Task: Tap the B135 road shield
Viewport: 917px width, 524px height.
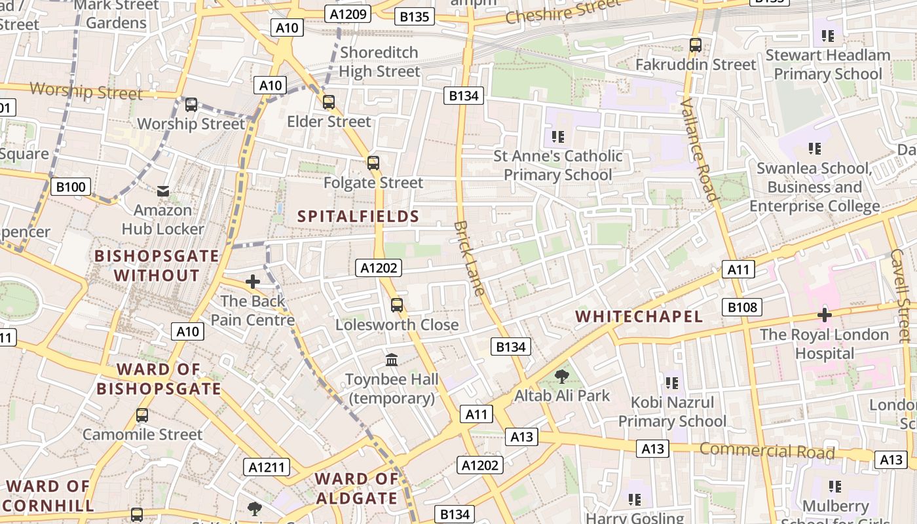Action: point(414,16)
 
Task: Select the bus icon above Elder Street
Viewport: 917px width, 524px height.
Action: point(329,102)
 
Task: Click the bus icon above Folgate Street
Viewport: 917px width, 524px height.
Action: point(373,163)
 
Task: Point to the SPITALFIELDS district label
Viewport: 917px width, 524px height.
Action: point(358,216)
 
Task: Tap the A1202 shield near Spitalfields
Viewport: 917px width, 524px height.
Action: point(379,267)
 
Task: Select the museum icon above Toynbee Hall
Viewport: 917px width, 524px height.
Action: point(392,360)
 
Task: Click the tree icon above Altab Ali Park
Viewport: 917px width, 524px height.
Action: point(561,377)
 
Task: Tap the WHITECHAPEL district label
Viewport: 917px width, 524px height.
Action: point(639,317)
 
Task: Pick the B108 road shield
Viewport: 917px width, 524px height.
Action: point(742,307)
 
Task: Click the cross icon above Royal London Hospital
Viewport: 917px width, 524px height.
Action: point(824,315)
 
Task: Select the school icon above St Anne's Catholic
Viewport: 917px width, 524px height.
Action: point(557,137)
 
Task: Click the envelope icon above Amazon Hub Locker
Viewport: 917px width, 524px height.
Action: point(162,191)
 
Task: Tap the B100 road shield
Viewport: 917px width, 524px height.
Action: point(70,187)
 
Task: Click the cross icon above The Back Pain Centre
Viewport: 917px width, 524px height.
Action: point(252,282)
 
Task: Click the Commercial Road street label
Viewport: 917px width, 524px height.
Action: point(767,451)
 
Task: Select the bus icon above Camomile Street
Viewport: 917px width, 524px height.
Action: point(142,415)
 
